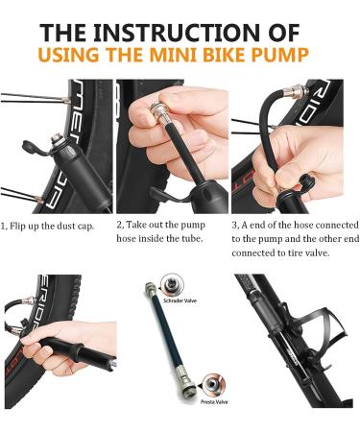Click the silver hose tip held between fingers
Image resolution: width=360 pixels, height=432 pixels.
coord(155,115)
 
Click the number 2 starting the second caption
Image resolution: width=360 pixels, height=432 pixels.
coord(119,226)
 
